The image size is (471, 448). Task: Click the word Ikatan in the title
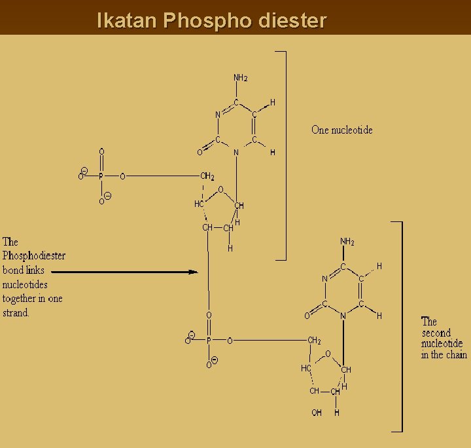tap(127, 20)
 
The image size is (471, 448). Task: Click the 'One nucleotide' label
tap(341, 130)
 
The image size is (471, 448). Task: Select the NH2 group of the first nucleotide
tap(240, 78)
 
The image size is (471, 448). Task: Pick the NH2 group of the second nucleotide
tap(347, 242)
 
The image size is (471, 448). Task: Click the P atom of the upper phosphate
tap(101, 176)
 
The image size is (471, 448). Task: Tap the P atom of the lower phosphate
tap(209, 341)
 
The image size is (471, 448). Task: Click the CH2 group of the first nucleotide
tap(207, 176)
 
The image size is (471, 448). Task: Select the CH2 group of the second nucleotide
tap(314, 341)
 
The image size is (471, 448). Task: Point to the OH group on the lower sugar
tap(317, 413)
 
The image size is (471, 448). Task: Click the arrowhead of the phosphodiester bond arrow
tap(193, 272)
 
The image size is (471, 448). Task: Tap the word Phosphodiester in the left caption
tap(33, 255)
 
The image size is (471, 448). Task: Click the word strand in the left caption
tap(16, 313)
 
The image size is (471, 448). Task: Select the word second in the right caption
tap(436, 333)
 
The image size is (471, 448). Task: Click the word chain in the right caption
tap(456, 355)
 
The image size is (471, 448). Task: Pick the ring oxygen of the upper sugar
tap(220, 190)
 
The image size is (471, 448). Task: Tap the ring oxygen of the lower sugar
tap(327, 354)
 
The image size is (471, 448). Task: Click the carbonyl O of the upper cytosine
tap(200, 153)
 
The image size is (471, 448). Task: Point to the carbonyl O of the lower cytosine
tap(307, 316)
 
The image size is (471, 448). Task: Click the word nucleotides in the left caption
tap(25, 284)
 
